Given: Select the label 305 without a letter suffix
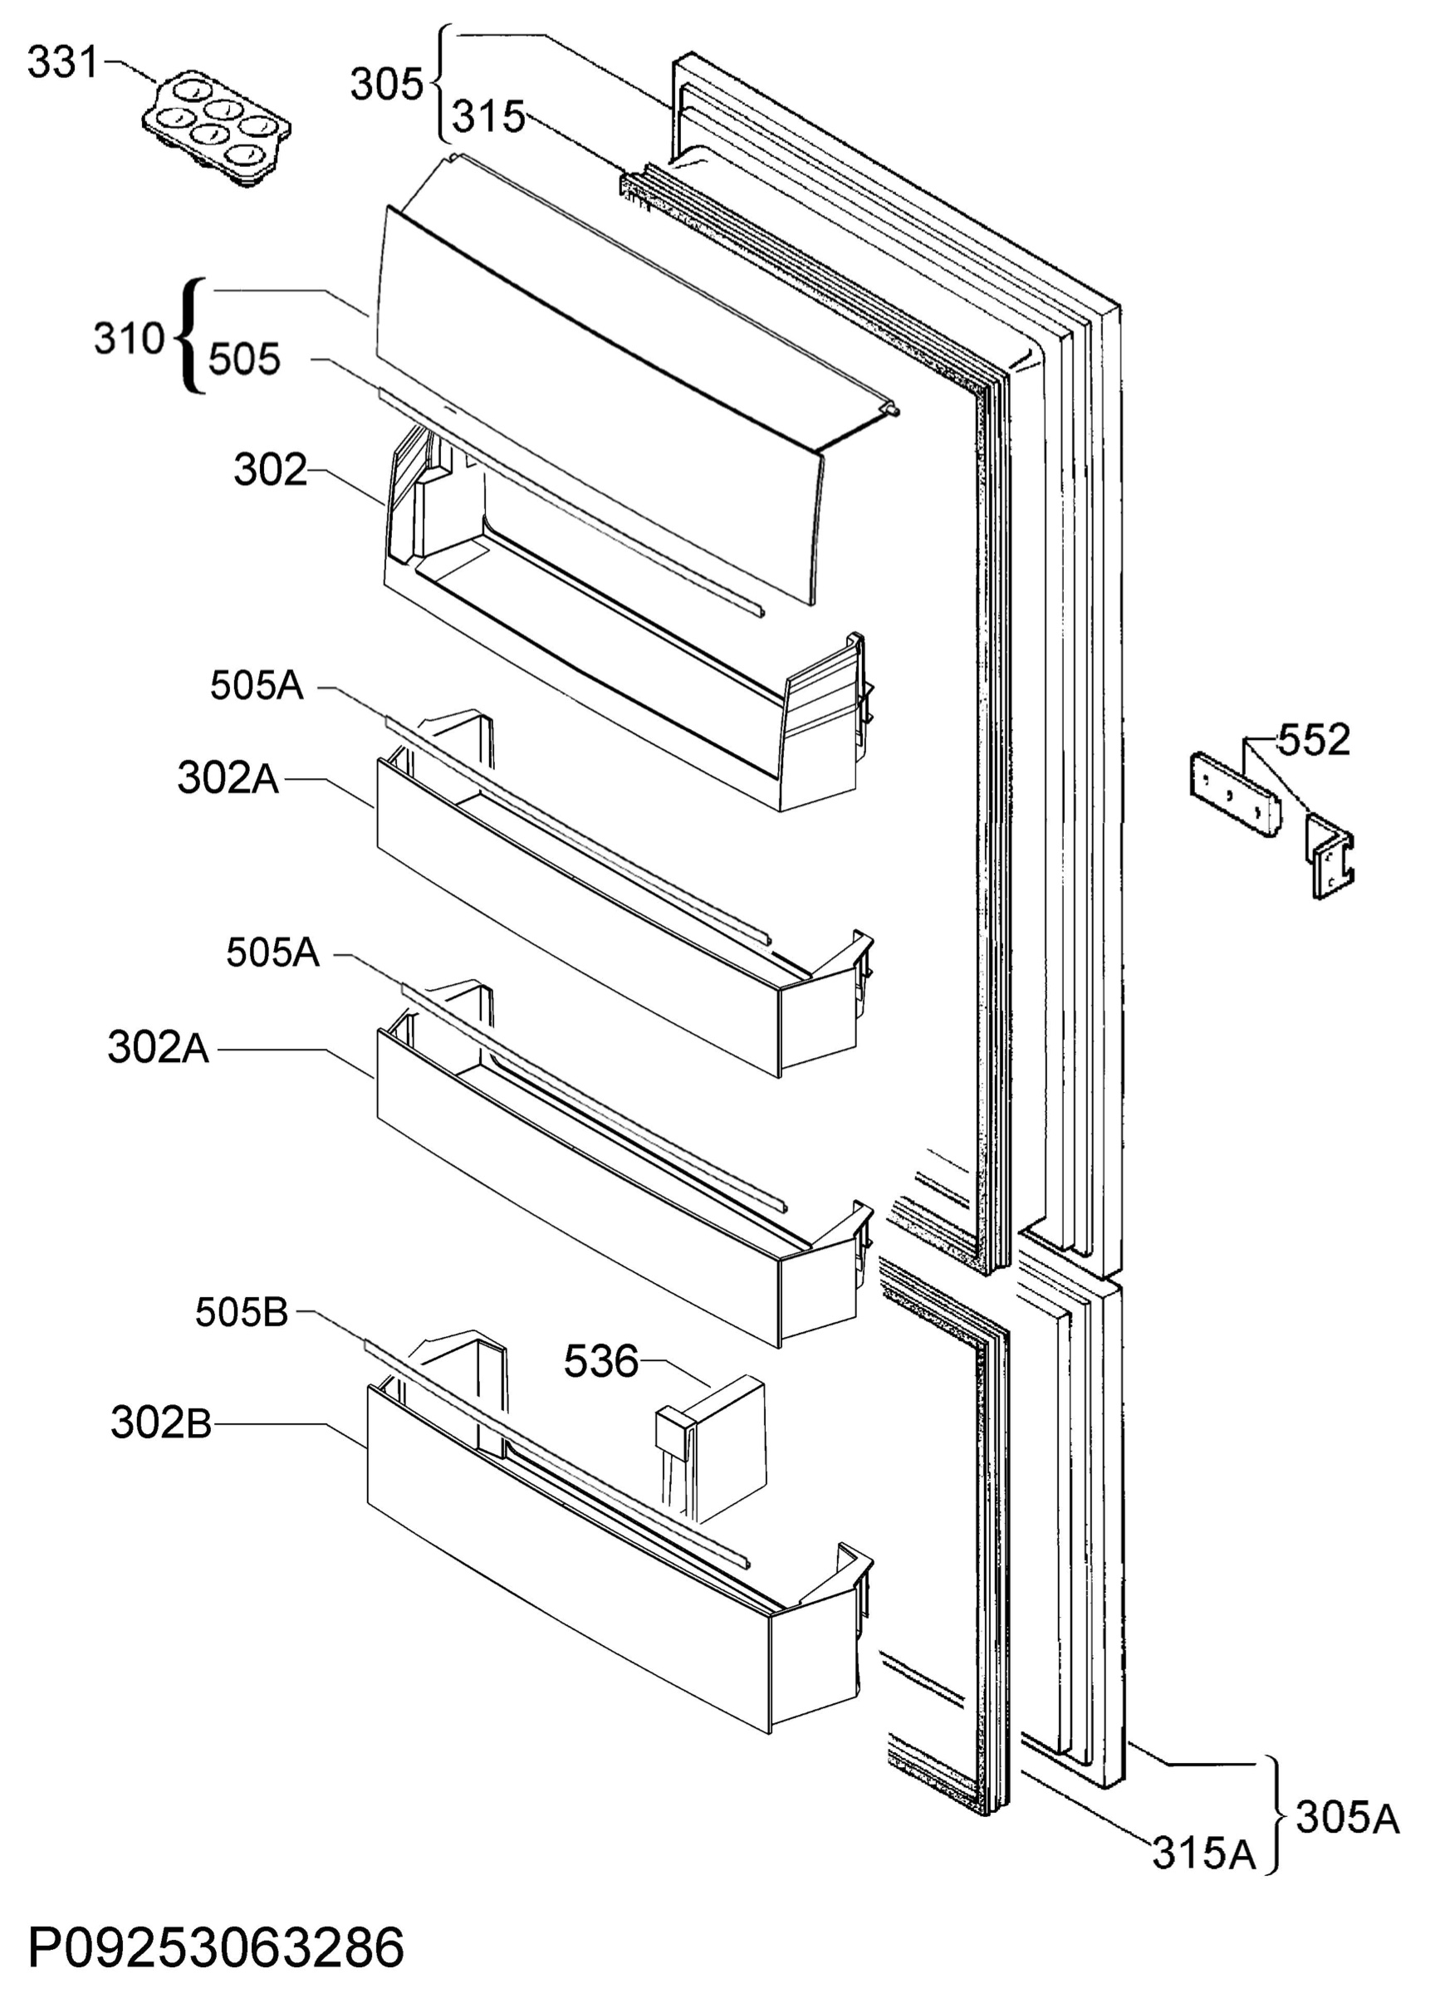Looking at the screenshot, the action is pyautogui.click(x=387, y=85).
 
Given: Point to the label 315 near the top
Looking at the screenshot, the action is pyautogui.click(x=488, y=117).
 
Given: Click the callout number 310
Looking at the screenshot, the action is pyautogui.click(x=130, y=338).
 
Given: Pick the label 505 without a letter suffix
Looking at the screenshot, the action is pyautogui.click(x=244, y=360).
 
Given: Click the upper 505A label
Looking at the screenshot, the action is pyautogui.click(x=257, y=685).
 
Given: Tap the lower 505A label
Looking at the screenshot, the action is pyautogui.click(x=272, y=952).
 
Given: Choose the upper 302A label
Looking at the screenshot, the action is pyautogui.click(x=228, y=778).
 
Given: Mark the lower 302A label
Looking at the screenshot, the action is pyautogui.click(x=159, y=1047).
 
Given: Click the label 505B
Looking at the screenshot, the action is pyautogui.click(x=242, y=1313).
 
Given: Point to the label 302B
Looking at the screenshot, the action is pyautogui.click(x=161, y=1423).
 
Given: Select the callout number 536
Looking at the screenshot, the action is pyautogui.click(x=600, y=1361).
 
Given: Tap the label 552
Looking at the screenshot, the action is pyautogui.click(x=1313, y=740).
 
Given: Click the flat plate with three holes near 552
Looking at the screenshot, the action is pyautogui.click(x=1235, y=794).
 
